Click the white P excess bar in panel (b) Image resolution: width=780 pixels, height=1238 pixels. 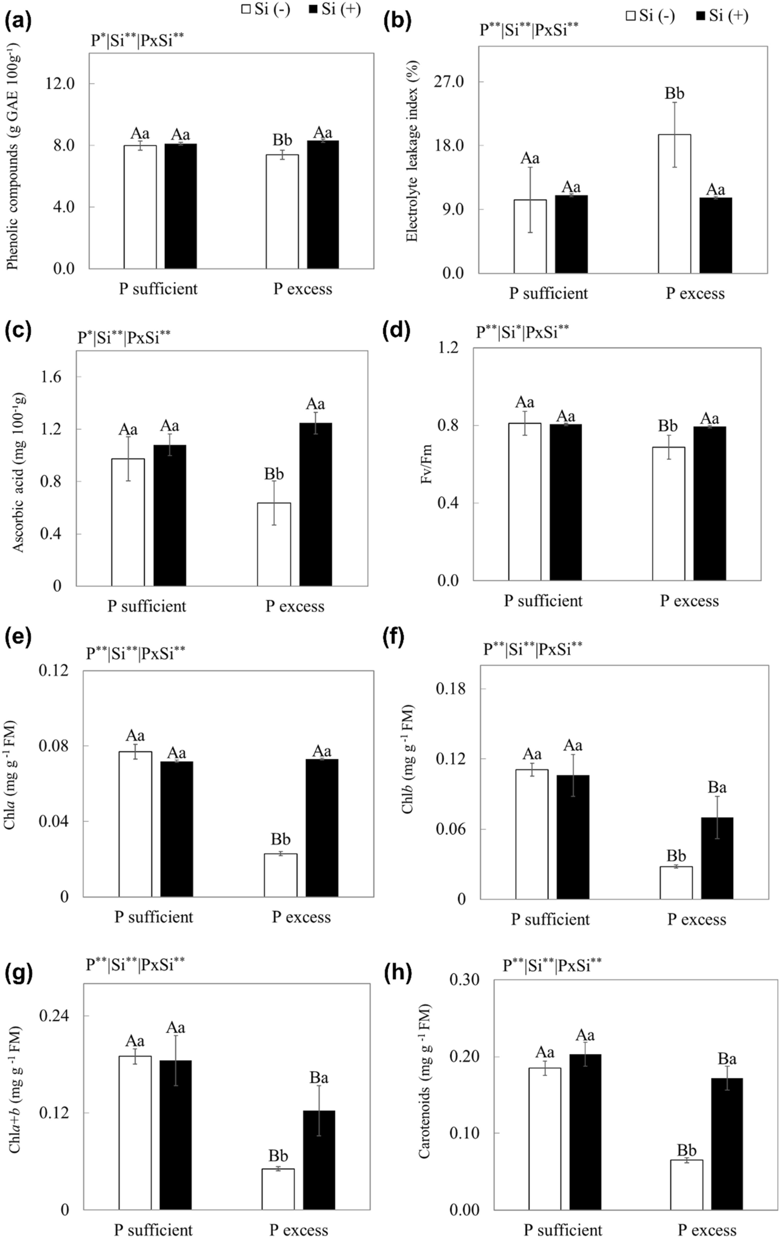pos(674,204)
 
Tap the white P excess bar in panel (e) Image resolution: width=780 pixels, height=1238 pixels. pos(281,875)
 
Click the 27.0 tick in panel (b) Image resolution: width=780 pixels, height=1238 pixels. pos(449,82)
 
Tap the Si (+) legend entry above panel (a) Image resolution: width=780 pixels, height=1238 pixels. pos(335,9)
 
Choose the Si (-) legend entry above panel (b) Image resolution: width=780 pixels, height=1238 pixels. pos(650,16)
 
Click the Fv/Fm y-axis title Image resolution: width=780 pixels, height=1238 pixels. pos(427,464)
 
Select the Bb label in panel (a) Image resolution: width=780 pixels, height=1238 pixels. pos(282,140)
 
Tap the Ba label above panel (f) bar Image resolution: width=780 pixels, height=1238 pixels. pos(717,787)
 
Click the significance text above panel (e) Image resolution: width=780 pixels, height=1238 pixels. pos(136,653)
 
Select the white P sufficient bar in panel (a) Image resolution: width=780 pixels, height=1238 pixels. pos(140,207)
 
